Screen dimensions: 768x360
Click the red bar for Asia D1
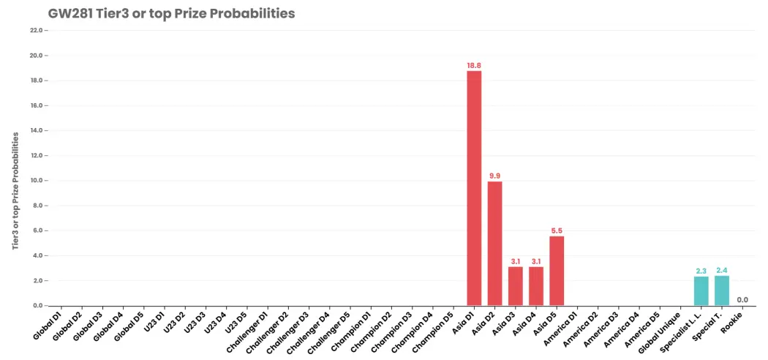coord(474,188)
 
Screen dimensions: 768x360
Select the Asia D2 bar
coord(494,244)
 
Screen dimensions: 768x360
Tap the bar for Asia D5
coord(557,271)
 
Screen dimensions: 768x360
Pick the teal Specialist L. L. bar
coord(701,291)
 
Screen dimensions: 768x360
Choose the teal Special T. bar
coord(722,290)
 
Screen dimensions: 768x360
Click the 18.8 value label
coord(474,65)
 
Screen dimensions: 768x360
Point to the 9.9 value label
coord(494,176)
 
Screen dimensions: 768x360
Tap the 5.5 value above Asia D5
coord(557,230)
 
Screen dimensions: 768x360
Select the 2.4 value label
coord(722,271)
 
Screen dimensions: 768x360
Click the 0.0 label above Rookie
coord(742,300)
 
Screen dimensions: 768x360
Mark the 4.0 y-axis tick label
coord(39,255)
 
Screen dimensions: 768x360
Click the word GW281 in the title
coord(68,14)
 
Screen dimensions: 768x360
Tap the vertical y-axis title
coord(16,190)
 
